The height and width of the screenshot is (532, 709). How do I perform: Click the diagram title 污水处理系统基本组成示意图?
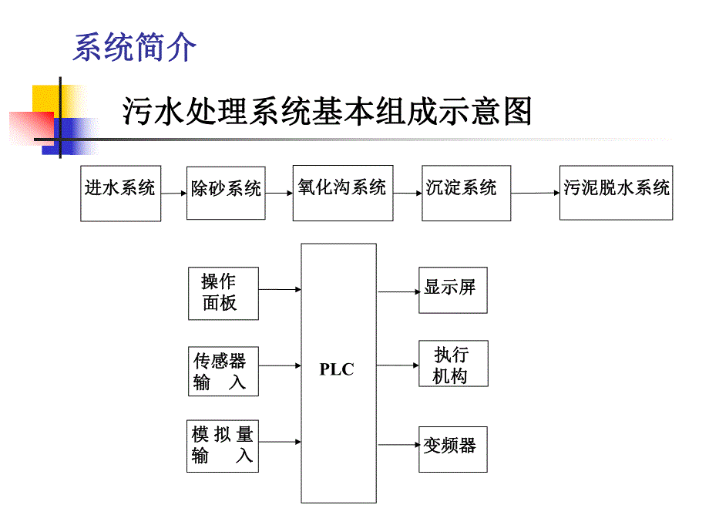tap(327, 112)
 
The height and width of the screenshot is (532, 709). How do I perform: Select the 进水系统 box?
tap(120, 193)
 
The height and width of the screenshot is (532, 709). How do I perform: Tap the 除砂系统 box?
tap(226, 194)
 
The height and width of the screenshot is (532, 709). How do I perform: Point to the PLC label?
tap(337, 370)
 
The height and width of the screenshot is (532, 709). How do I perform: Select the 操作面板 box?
tap(223, 293)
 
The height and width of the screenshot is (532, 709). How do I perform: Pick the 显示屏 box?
tap(453, 290)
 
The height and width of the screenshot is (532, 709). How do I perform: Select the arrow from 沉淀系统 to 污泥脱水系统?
tap(535, 194)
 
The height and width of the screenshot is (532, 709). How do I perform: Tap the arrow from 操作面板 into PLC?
tap(280, 290)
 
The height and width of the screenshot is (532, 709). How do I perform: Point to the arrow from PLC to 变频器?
tap(398, 446)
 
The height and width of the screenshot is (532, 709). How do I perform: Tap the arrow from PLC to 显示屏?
tap(398, 292)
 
